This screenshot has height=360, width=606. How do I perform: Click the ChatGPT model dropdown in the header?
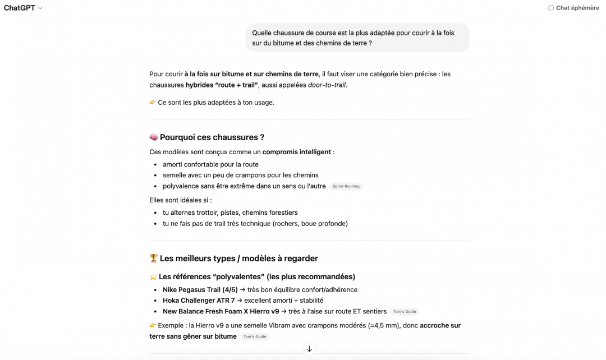[x=23, y=8]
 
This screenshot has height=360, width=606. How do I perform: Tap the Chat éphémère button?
[x=573, y=8]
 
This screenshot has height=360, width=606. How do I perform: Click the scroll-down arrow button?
[x=309, y=349]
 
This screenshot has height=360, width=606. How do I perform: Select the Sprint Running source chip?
[x=346, y=186]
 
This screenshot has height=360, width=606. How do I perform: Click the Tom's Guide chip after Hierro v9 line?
[x=405, y=312]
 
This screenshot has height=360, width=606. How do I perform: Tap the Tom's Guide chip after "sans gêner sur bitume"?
[x=255, y=336]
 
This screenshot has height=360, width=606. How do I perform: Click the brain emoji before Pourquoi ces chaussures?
[x=153, y=137]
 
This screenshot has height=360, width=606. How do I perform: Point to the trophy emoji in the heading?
[x=153, y=259]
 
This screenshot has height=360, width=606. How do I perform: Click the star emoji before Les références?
[x=153, y=276]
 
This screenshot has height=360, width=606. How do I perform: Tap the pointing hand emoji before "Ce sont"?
[x=153, y=103]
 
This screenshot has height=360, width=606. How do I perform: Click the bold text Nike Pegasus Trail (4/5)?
[x=199, y=290]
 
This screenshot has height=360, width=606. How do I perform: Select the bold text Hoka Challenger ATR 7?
[x=199, y=301]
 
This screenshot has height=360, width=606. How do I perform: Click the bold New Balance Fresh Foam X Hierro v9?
[x=221, y=311]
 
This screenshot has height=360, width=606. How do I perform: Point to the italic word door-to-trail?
[x=327, y=85]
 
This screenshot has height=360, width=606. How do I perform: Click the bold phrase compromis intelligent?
[x=296, y=152]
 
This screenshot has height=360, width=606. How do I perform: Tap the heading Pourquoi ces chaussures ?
[x=212, y=137]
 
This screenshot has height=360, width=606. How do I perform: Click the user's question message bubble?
[x=357, y=38]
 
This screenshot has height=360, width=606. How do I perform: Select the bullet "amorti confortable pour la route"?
[x=210, y=164]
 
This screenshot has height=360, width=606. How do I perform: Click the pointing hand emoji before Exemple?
[x=153, y=325]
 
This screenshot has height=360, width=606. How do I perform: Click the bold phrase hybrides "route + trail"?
[x=222, y=85]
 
